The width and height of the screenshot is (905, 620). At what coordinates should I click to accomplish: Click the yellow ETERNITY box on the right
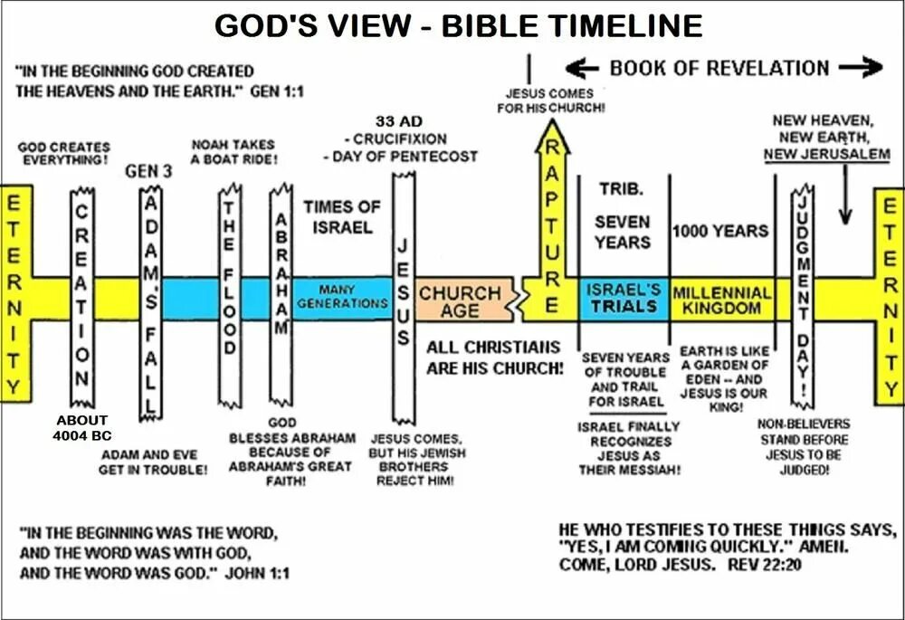coord(889,294)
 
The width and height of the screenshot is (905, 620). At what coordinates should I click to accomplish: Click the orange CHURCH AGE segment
coord(459,301)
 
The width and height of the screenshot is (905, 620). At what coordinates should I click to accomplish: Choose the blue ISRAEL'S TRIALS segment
coord(623,298)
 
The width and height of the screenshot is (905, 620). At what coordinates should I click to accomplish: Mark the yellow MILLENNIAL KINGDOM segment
coord(721,300)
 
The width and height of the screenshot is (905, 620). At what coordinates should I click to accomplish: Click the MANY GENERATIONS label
coord(342,296)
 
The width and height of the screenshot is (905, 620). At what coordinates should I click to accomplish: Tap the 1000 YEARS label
coord(720,231)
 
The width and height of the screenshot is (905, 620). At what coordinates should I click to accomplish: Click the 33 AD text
coord(398,121)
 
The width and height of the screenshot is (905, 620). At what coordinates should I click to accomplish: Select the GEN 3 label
coord(148,170)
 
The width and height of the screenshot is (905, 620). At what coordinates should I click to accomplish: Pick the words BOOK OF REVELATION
coord(719,68)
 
